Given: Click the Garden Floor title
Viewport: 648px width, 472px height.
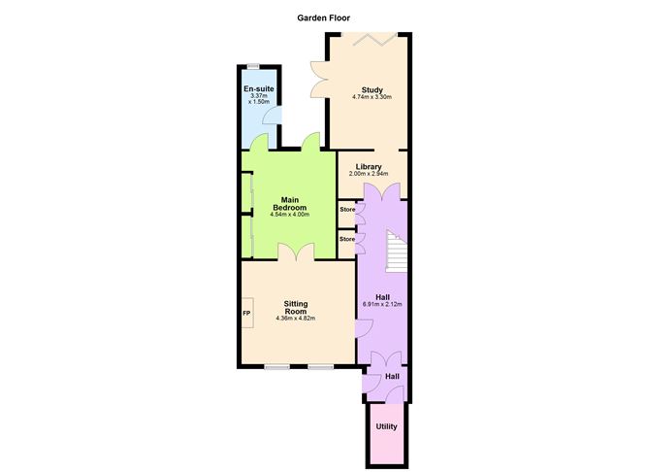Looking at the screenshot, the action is coord(324,17).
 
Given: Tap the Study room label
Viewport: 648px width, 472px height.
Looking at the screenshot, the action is coord(372,89).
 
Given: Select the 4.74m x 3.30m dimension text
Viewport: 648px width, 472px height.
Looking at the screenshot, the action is coord(372,97).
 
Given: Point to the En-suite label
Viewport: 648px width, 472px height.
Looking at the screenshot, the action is coord(259,89).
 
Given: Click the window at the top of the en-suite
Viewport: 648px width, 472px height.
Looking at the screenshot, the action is coord(253,66).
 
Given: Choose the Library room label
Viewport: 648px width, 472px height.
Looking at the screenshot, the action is coord(369,167).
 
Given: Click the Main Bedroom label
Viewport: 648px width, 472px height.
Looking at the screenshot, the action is coord(290,204).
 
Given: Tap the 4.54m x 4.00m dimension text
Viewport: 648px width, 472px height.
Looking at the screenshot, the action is coord(290,215).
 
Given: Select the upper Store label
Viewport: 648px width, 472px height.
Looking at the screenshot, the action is coord(347,210).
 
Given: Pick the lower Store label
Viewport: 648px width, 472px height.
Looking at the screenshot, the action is coord(347,239).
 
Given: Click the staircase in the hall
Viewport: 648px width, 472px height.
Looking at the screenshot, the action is coord(397,251).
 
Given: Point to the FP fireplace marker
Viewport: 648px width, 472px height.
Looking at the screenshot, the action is coord(246,313).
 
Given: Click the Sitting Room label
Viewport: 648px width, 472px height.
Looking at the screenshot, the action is coord(296,307).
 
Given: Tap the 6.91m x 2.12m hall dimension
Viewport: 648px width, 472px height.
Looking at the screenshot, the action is coord(382,304).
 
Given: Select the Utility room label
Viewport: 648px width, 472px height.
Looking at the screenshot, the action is coord(386,426).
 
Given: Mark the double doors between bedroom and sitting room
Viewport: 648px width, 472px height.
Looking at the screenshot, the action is coord(296,253).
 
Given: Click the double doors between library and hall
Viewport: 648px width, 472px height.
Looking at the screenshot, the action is coord(382,192).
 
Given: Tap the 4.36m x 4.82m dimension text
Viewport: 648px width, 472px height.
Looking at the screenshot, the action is coord(296,319).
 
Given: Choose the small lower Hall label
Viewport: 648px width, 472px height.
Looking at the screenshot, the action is coord(392,377).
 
